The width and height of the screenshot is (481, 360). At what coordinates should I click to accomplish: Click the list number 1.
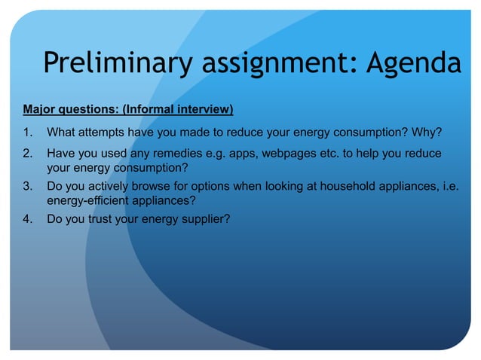coord(27,134)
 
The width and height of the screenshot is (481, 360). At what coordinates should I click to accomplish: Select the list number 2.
coord(27,154)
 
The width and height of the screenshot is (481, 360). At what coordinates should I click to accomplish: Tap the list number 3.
coord(27,186)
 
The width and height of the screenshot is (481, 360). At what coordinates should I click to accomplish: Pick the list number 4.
coord(27,219)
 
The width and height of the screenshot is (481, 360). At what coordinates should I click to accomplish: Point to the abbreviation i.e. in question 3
coord(449,186)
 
